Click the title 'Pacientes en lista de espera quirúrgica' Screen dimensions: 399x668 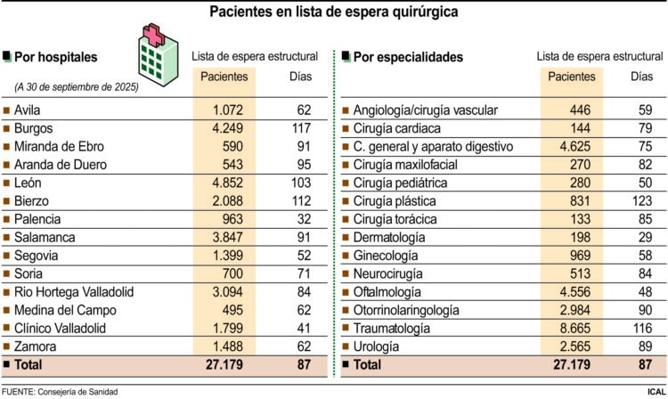click(334, 12)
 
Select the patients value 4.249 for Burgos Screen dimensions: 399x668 click(224, 128)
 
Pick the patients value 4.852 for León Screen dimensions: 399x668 click(224, 183)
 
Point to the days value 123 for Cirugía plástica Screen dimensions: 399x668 click(641, 201)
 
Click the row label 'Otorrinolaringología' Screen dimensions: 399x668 click(406, 310)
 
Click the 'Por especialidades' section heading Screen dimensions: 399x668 click(407, 57)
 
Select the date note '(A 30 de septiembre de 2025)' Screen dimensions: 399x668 click(76, 87)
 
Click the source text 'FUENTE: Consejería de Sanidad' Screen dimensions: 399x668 click(71, 391)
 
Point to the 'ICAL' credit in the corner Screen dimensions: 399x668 click(654, 391)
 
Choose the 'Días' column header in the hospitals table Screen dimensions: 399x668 click(301, 77)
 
